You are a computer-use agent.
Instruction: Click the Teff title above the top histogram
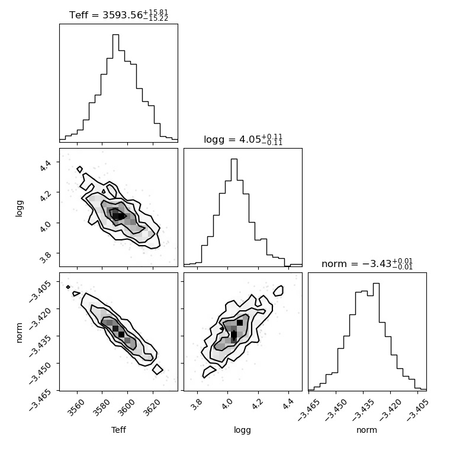[118, 15]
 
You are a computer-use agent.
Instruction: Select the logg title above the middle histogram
[243, 140]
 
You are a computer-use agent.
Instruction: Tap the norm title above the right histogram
[367, 263]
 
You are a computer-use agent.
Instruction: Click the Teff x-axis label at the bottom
[118, 430]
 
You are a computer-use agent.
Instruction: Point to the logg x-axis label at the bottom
[243, 430]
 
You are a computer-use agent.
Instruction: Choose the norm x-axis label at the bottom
[367, 430]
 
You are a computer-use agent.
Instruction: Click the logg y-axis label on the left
[19, 208]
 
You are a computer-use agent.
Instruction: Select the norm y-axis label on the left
[19, 333]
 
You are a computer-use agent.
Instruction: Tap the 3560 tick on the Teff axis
[76, 407]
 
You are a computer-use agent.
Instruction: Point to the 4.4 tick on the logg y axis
[46, 165]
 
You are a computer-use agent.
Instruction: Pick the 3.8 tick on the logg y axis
[46, 257]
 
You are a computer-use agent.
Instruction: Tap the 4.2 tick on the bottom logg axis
[258, 404]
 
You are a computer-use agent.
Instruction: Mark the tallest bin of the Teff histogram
[115, 88]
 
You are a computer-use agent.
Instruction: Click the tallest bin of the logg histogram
[234, 213]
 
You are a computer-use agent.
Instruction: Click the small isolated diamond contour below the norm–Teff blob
[157, 369]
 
